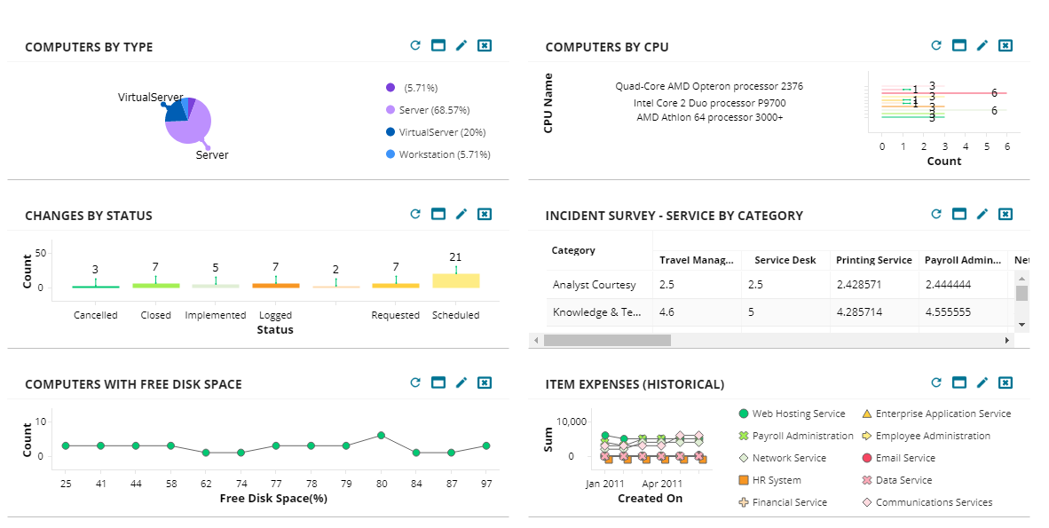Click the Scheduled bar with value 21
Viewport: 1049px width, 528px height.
tap(456, 280)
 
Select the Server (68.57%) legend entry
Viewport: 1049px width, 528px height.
tap(433, 110)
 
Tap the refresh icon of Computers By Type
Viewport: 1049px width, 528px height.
tap(414, 45)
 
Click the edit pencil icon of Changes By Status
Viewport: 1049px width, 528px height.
tap(461, 214)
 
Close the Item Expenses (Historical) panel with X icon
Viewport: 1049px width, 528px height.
tap(1005, 382)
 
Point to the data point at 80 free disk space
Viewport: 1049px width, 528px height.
tap(381, 436)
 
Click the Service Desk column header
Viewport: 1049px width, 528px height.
tap(785, 260)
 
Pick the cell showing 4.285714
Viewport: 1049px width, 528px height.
tap(862, 312)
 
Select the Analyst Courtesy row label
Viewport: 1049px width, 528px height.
tap(594, 285)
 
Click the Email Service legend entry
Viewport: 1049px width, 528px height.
tap(904, 458)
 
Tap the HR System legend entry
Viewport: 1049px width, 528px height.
tap(776, 480)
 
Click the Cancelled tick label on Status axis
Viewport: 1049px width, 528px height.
tap(96, 315)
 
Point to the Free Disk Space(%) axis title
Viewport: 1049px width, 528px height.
tap(273, 499)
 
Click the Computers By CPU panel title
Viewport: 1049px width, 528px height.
tap(607, 47)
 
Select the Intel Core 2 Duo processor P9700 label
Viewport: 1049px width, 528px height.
tap(709, 103)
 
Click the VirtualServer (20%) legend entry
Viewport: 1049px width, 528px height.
tap(441, 132)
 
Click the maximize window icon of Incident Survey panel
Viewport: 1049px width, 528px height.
tap(958, 214)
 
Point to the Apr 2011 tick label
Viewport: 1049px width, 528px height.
tap(663, 484)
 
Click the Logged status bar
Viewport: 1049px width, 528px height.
tap(275, 286)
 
